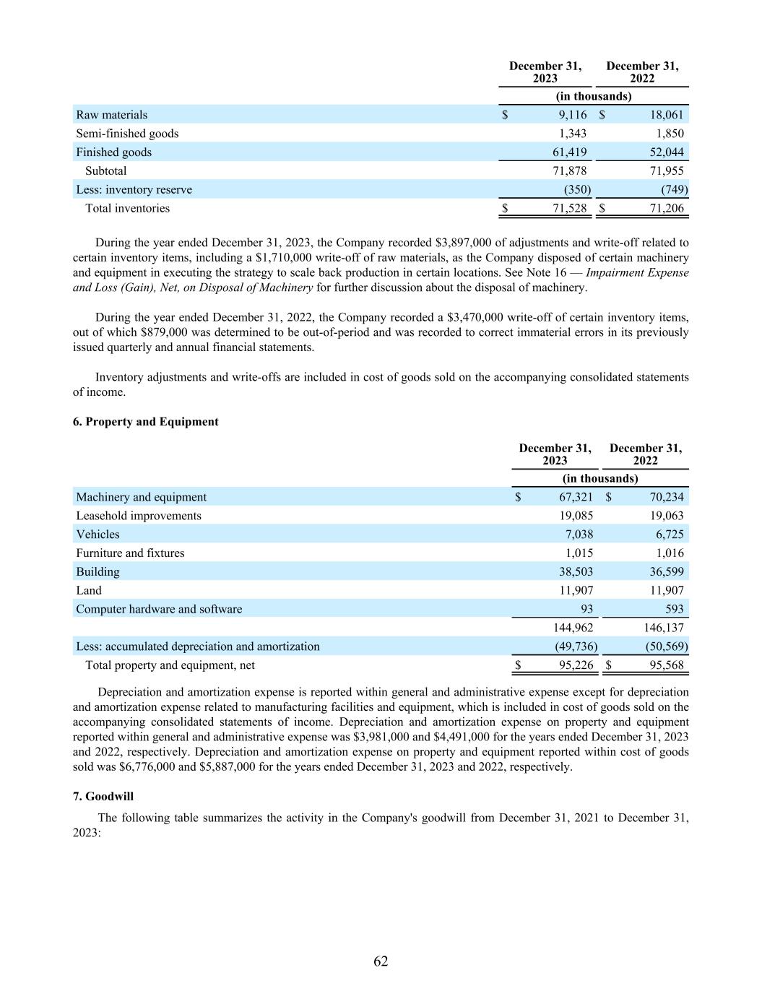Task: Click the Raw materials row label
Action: pos(112,115)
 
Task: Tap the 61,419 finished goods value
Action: pos(569,152)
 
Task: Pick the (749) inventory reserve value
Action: pos(675,190)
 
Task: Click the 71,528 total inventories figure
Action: pos(569,209)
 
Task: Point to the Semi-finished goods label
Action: pos(127,134)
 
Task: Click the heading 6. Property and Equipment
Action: pos(146,422)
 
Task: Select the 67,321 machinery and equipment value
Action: pos(576,497)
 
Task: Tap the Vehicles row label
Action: pos(98,535)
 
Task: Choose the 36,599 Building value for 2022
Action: pos(665,572)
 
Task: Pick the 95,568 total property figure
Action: pos(665,665)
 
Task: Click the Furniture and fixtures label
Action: pos(130,553)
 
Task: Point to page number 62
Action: pos(381,961)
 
